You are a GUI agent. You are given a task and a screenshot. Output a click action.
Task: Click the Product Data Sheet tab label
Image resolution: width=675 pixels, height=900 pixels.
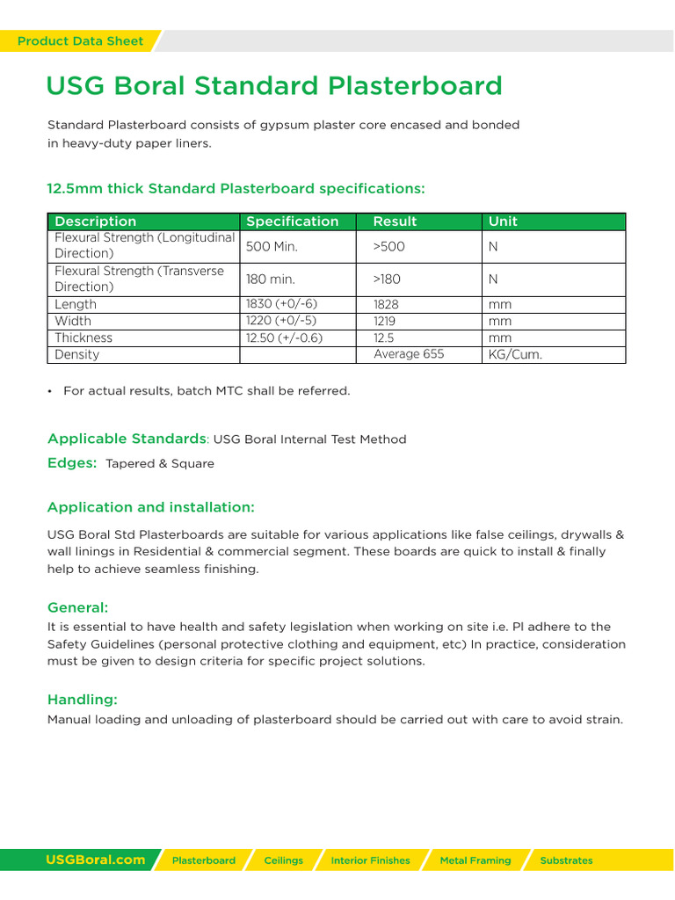click(x=80, y=41)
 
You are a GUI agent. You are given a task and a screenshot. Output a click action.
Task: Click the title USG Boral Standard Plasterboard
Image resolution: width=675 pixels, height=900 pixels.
click(x=274, y=86)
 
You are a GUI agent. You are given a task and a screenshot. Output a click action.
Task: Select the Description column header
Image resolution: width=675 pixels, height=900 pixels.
click(x=96, y=221)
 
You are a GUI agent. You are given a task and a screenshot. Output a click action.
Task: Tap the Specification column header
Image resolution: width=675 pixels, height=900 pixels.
click(x=292, y=221)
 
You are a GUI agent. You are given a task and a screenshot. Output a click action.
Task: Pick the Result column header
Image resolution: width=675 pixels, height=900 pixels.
click(x=395, y=221)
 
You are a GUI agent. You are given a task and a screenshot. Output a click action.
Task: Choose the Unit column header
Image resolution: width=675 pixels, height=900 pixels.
click(x=503, y=221)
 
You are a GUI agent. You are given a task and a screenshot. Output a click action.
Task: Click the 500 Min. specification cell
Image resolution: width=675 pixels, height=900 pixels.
click(x=272, y=247)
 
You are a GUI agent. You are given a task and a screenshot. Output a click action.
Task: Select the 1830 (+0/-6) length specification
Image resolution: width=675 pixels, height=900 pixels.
click(x=281, y=304)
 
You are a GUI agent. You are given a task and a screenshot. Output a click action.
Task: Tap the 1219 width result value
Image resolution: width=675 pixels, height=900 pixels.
click(x=384, y=321)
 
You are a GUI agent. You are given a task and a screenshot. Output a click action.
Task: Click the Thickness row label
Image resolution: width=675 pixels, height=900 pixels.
click(x=83, y=337)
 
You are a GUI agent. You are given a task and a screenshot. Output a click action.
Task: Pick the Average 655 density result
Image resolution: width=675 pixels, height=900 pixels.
click(x=409, y=354)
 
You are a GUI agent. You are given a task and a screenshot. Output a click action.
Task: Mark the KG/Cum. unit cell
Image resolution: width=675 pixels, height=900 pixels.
click(x=515, y=354)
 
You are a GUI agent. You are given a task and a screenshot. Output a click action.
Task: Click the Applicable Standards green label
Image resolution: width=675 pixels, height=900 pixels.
click(x=127, y=439)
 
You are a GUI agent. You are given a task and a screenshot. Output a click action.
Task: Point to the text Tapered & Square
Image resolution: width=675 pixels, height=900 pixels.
click(x=160, y=463)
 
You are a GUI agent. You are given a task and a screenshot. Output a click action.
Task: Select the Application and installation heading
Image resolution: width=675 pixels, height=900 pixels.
click(x=151, y=507)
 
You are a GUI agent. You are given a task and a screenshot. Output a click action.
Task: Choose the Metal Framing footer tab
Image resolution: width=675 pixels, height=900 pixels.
click(x=475, y=860)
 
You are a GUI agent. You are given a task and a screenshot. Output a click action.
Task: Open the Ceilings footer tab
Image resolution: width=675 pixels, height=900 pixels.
click(x=283, y=860)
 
